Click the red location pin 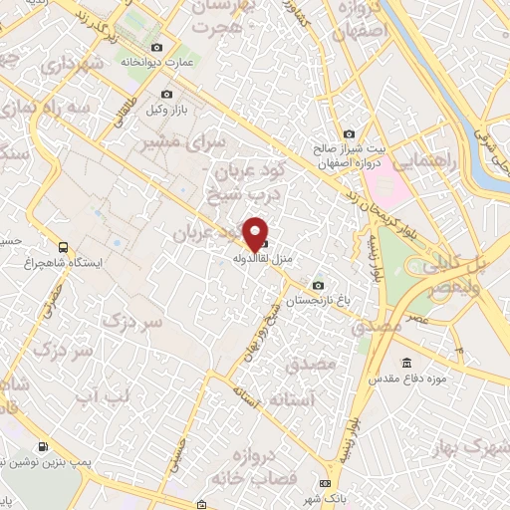[256, 233]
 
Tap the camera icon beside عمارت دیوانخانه [156, 48]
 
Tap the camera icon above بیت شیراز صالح [349, 134]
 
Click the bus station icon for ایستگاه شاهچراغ [65, 247]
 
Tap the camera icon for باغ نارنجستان [318, 285]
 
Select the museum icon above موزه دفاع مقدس [406, 363]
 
